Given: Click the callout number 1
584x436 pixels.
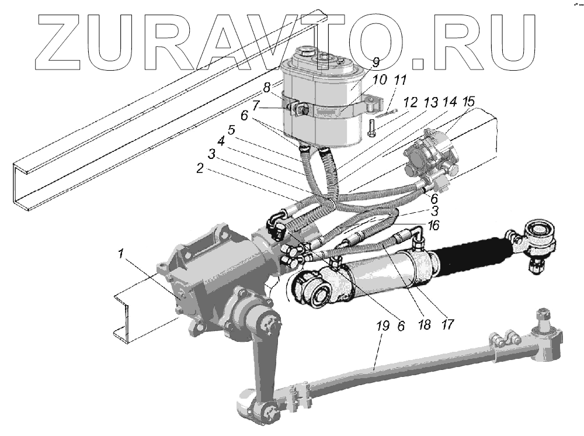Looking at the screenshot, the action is click(x=120, y=254).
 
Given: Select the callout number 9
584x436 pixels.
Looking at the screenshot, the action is click(x=376, y=61).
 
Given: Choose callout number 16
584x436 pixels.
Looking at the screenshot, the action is click(x=433, y=224).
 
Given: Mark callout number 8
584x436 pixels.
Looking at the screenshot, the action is click(x=266, y=88).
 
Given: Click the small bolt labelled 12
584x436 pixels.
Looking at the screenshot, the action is click(x=372, y=128).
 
